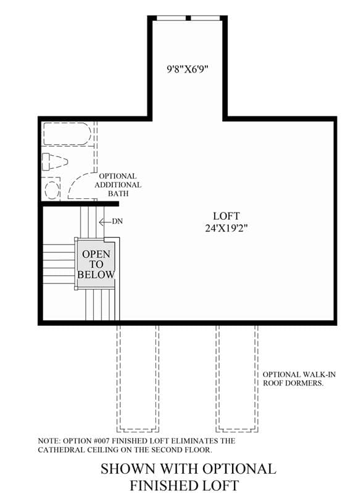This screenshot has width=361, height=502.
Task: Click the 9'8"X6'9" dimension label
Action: tap(188, 69)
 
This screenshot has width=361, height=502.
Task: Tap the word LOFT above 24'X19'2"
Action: tap(226, 216)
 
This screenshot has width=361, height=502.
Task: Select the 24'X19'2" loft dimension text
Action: tap(226, 228)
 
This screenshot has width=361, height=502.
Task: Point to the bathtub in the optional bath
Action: tap(67, 134)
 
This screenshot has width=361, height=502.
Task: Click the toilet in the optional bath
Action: tap(54, 161)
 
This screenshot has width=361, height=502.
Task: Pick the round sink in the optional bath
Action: tap(52, 189)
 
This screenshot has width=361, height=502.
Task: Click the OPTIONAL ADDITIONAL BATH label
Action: tap(118, 185)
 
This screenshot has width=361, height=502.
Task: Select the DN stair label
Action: tap(117, 221)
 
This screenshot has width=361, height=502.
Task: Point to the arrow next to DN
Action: tap(105, 222)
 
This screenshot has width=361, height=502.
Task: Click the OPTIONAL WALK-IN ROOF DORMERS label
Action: tap(299, 379)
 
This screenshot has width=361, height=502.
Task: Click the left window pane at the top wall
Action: tap(170, 18)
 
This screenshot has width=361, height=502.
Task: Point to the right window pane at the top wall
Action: tap(205, 18)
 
